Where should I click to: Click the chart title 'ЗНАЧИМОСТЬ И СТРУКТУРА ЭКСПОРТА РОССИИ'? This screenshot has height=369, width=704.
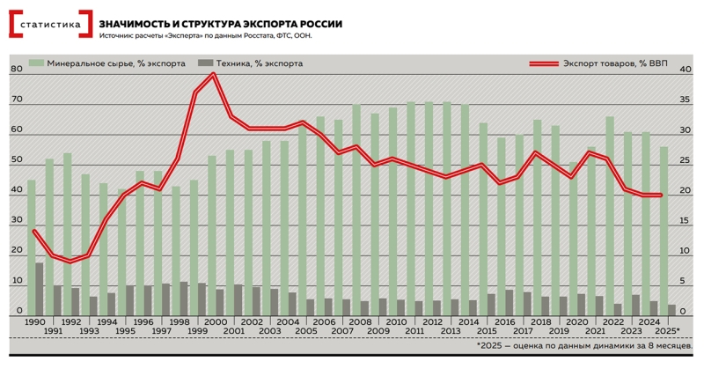pyautogui.click(x=221, y=23)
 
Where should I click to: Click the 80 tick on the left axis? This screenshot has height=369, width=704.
pyautogui.click(x=16, y=70)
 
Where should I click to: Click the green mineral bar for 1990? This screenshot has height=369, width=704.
pyautogui.click(x=32, y=247)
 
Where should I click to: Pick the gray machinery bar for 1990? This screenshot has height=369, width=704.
pyautogui.click(x=40, y=288)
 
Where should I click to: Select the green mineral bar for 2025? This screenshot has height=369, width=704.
pyautogui.click(x=664, y=229)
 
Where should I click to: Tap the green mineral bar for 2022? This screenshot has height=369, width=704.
pyautogui.click(x=609, y=215)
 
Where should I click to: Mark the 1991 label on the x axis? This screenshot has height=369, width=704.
pyautogui.click(x=53, y=331)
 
